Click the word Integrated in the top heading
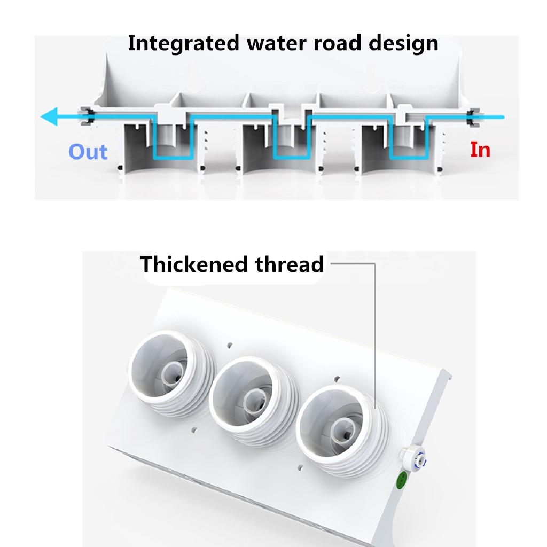point(183,43)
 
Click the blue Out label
point(88,152)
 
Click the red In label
point(480,150)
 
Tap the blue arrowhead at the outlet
point(50,116)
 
